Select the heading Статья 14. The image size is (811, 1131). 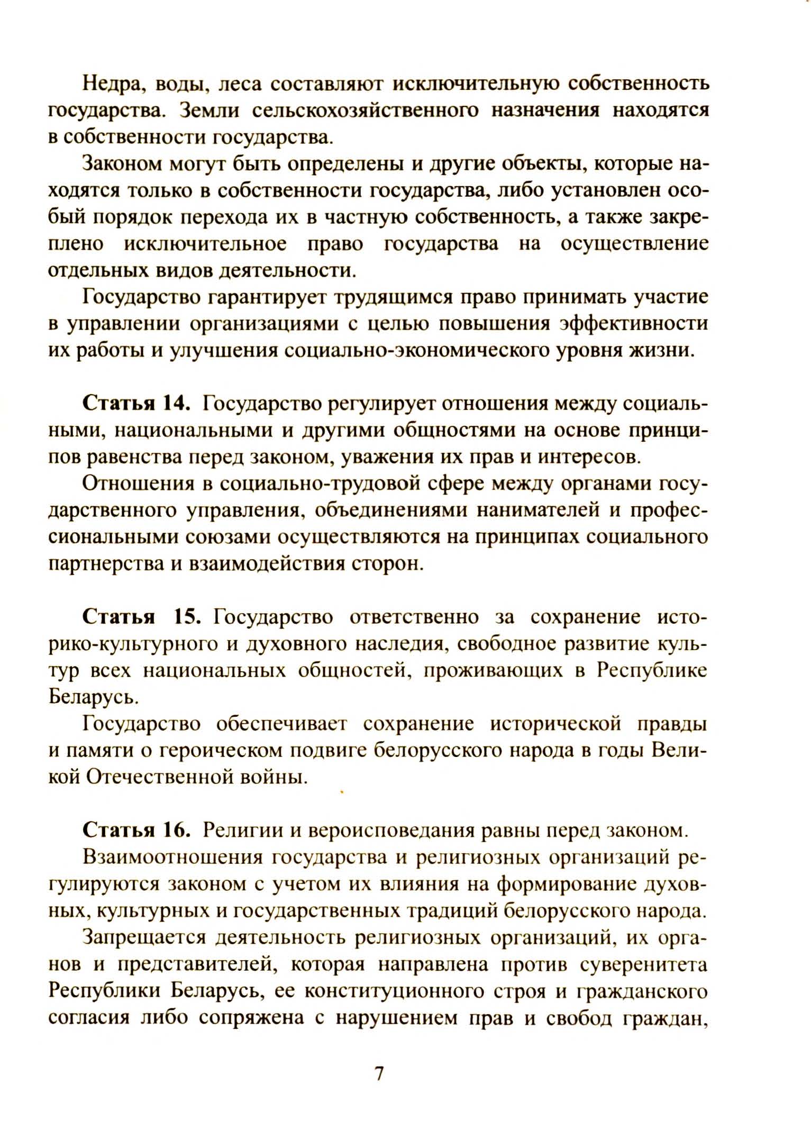tap(135, 404)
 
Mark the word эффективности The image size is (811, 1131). tap(633, 324)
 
